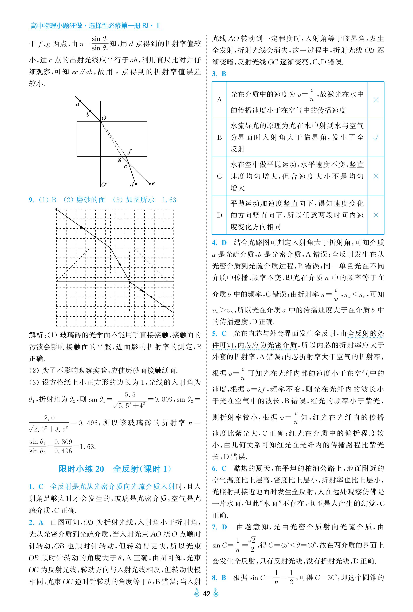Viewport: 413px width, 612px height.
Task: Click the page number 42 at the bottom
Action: (206, 594)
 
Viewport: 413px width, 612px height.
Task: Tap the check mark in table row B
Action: (376, 137)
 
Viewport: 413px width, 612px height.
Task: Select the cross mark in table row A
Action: (376, 100)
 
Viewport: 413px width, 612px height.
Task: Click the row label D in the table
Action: (219, 215)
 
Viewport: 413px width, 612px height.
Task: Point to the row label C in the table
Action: (219, 176)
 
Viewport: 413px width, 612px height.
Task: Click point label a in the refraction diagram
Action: (77, 104)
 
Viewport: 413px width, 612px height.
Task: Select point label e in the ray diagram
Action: (153, 183)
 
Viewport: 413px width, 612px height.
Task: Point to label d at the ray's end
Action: (132, 185)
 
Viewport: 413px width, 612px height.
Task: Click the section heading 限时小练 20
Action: (81, 469)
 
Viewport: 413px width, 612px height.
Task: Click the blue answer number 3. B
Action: (219, 74)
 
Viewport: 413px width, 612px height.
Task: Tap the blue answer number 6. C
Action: (219, 468)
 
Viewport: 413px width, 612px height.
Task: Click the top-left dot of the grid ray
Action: (57, 209)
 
